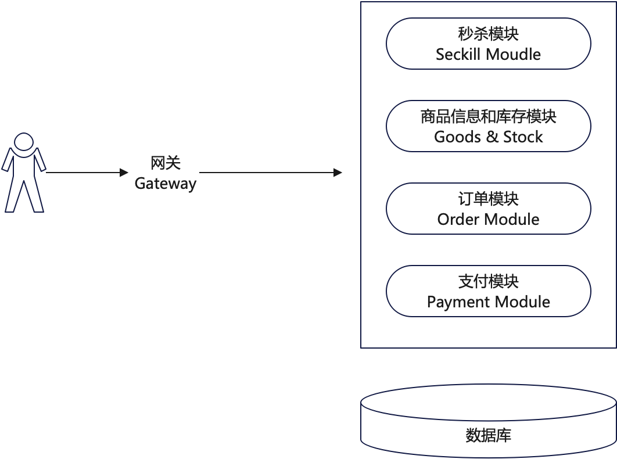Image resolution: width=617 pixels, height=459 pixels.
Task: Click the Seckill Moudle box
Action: click(488, 44)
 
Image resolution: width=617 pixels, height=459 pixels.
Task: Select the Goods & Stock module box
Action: click(488, 126)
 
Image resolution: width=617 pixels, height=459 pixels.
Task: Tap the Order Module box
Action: click(488, 209)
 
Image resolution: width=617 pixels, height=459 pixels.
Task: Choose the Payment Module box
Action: click(488, 291)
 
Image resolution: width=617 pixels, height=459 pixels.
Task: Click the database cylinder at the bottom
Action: click(488, 421)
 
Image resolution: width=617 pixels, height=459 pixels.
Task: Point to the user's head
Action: click(24, 142)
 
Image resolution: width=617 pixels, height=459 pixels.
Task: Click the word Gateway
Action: click(166, 184)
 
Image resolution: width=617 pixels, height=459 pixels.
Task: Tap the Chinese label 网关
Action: click(166, 163)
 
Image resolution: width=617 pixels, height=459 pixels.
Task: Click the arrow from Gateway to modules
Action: click(270, 173)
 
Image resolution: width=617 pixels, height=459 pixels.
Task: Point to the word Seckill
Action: click(458, 55)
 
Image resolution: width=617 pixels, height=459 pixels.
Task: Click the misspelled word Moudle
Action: click(513, 55)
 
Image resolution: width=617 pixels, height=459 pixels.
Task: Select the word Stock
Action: click(523, 137)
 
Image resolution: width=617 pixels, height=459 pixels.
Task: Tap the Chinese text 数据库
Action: click(488, 435)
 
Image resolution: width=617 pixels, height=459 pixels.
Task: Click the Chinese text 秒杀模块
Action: click(488, 34)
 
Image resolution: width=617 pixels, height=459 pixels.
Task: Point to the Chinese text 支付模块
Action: click(488, 282)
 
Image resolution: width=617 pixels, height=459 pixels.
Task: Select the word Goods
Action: click(457, 137)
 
